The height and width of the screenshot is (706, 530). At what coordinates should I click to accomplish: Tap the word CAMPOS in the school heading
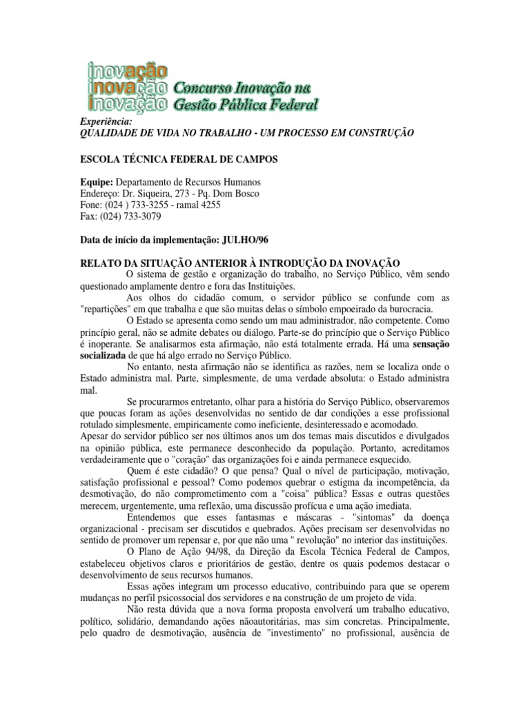tap(255, 159)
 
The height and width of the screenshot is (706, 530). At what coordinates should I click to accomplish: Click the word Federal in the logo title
tap(293, 105)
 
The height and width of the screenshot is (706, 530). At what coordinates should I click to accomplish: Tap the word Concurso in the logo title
tap(198, 88)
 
